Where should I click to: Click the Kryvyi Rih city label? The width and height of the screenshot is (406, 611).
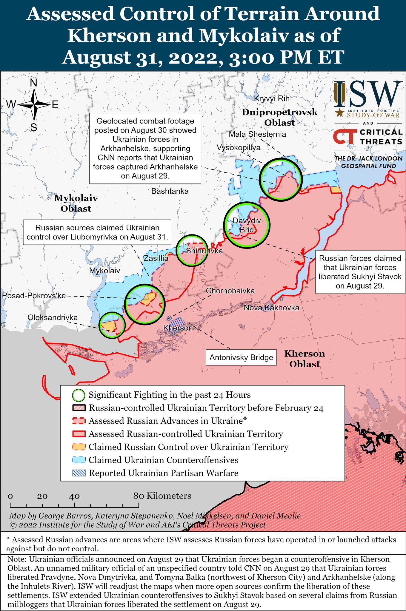click(x=272, y=99)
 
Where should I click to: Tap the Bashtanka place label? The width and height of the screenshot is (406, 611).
click(x=170, y=191)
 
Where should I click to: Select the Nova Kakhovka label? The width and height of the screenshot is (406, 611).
click(x=271, y=308)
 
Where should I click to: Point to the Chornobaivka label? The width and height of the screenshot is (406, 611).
click(x=230, y=291)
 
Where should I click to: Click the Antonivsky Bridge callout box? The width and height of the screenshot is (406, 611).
click(x=241, y=357)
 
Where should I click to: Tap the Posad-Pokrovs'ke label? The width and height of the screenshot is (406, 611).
click(x=34, y=296)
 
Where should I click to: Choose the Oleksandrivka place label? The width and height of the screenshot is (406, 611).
click(x=53, y=317)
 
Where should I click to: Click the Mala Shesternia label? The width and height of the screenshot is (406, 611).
click(x=257, y=134)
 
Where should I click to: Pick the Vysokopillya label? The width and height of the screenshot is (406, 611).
click(x=238, y=148)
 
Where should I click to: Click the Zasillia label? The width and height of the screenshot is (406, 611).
click(x=156, y=258)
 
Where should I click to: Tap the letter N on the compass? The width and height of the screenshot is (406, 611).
click(x=34, y=83)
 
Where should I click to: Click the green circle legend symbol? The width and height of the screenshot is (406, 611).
click(x=79, y=395)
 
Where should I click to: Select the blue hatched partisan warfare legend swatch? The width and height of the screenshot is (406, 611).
click(x=79, y=473)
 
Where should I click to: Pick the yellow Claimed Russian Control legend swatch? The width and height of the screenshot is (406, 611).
click(x=79, y=447)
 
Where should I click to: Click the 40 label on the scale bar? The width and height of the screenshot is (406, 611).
click(x=74, y=496)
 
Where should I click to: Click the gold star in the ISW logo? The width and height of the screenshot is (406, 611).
click(x=339, y=113)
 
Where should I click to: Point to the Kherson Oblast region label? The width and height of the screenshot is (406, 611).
click(x=304, y=359)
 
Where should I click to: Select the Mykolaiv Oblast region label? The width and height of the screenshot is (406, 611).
click(x=76, y=203)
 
